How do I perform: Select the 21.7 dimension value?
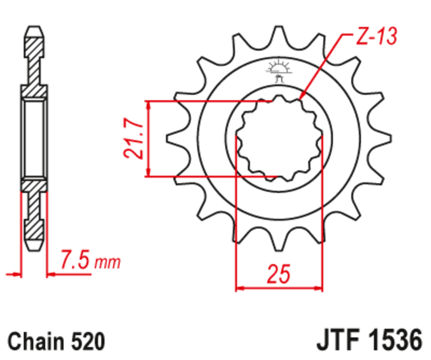[x=133, y=139]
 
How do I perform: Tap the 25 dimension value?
[x=279, y=274]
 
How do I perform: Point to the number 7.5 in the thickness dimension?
[x=75, y=262]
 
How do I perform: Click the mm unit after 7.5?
[x=107, y=264]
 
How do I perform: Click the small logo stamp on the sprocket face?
[x=278, y=71]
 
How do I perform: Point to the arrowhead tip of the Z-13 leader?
[x=300, y=101]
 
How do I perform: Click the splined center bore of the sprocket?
[x=279, y=139]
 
